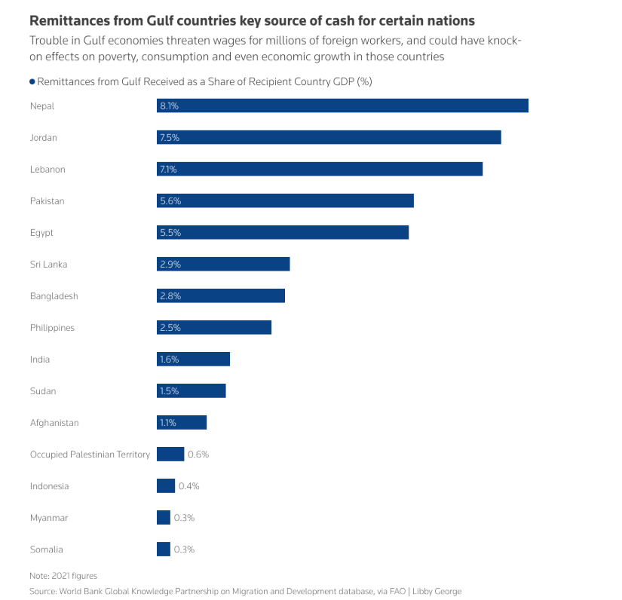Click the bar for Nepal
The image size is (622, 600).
pyautogui.click(x=342, y=106)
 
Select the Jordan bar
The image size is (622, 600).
pyautogui.click(x=329, y=137)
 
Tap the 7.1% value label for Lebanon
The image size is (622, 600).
pyautogui.click(x=167, y=170)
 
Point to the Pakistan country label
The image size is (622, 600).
pyautogui.click(x=47, y=201)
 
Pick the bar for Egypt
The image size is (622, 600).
pyautogui.click(x=283, y=233)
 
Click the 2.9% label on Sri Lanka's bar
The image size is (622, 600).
pyautogui.click(x=170, y=265)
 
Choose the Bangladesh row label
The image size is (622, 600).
pyautogui.click(x=54, y=296)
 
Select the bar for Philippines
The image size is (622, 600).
pyautogui.click(x=214, y=328)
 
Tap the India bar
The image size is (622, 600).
pyautogui.click(x=193, y=360)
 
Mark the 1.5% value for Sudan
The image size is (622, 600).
pyautogui.click(x=170, y=391)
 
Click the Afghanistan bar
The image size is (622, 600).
pyautogui.click(x=182, y=423)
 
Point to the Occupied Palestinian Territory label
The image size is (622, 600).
pyautogui.click(x=90, y=455)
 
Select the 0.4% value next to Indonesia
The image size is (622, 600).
pyautogui.click(x=188, y=486)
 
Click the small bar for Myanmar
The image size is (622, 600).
pyautogui.click(x=164, y=518)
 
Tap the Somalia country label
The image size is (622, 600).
pyautogui.click(x=47, y=549)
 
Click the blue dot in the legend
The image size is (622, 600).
pyautogui.click(x=32, y=81)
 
